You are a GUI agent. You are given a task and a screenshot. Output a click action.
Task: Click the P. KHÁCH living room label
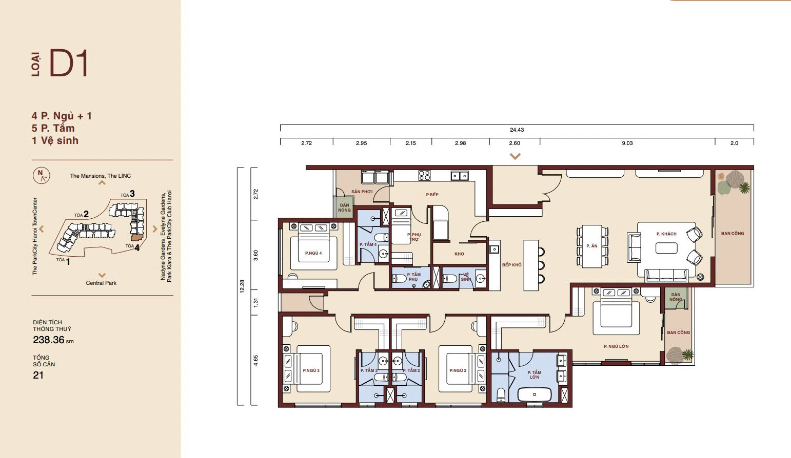click(x=666, y=234)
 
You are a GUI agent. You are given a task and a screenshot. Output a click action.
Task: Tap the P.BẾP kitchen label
click(x=432, y=195)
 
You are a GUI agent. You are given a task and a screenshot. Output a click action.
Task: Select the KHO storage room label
click(x=459, y=254)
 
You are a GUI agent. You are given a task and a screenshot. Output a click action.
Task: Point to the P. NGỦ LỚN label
click(x=616, y=346)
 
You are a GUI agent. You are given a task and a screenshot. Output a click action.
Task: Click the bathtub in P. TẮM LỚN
click(x=535, y=394)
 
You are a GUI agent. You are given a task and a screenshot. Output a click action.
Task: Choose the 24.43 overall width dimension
click(x=517, y=130)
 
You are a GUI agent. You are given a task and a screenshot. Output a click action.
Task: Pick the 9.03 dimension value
click(x=627, y=143)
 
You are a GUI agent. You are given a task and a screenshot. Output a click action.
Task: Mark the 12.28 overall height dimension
click(x=242, y=286)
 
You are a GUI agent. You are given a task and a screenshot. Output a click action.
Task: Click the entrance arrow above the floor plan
click(x=515, y=156)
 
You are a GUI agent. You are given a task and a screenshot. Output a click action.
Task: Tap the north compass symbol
click(x=42, y=175)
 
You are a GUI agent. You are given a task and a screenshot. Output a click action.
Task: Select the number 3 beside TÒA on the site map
click(x=132, y=194)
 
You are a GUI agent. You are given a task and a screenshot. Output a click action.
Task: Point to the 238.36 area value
click(x=49, y=340)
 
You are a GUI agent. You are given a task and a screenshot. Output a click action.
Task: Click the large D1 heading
click(x=69, y=63)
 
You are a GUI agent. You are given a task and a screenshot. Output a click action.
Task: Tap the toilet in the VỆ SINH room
click(x=449, y=279)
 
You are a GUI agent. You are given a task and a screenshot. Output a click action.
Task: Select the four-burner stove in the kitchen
click(x=424, y=175)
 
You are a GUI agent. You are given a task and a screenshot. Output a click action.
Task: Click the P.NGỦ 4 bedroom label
click(x=313, y=253)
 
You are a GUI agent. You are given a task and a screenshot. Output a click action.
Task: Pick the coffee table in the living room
click(x=666, y=248)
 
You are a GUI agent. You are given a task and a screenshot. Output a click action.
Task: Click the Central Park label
click(x=101, y=283)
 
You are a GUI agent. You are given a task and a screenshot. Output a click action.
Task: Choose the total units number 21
click(x=38, y=376)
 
